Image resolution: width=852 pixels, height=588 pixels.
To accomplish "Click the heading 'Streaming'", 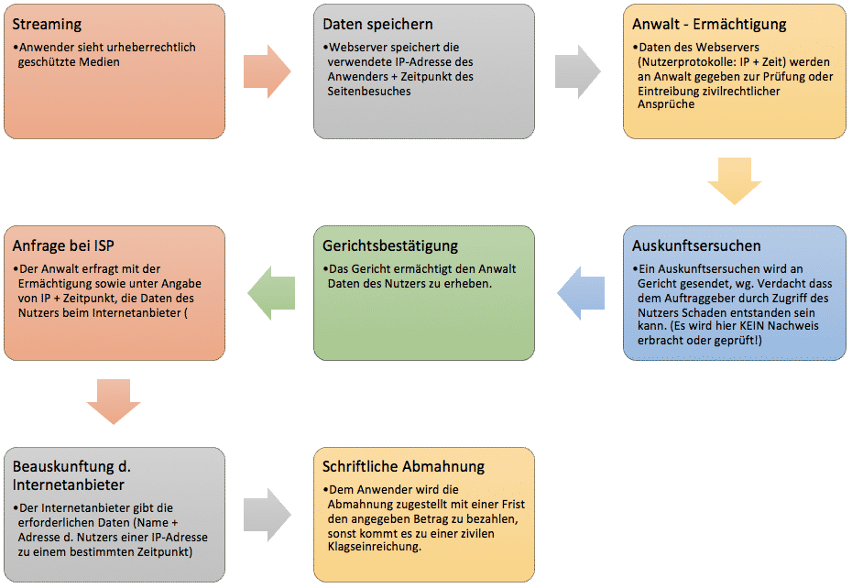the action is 47,25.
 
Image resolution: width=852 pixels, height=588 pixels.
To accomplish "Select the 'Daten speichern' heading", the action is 377,25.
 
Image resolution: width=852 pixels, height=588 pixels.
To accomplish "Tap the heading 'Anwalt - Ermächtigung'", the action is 709,25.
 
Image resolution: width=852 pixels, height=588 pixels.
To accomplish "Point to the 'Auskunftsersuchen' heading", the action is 696,245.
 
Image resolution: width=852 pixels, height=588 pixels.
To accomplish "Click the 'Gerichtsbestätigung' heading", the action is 390,246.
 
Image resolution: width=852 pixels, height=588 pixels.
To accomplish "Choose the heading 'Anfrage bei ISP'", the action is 63,245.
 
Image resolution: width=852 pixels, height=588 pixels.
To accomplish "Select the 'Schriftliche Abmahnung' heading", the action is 403,467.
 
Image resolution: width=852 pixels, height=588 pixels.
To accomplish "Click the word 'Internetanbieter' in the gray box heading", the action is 69,485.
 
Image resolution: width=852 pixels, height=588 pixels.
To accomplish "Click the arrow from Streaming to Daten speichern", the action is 268,71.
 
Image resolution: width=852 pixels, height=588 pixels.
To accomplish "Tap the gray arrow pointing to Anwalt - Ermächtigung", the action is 578,71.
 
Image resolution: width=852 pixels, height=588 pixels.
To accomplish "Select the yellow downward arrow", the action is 735,181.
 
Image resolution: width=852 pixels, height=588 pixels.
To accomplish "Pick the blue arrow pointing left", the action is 581,293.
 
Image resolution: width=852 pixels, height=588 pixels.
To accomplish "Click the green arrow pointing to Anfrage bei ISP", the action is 271,293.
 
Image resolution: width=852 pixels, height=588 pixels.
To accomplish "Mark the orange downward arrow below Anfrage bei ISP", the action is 114,401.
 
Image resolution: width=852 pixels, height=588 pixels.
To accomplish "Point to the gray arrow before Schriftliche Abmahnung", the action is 268,514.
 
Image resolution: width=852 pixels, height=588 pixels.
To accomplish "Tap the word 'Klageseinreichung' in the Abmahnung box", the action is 374,547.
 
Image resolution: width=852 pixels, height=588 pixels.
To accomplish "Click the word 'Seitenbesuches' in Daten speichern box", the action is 369,92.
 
